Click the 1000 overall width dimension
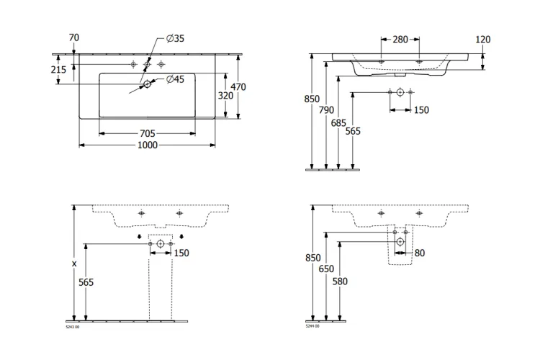pos(148,145)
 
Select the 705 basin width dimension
pos(147,133)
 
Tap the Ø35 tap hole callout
pos(176,39)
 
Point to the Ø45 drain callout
pos(176,79)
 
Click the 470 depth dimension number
pos(238,87)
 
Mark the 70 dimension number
pos(73,37)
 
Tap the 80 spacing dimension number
pos(419,253)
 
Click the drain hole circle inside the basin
pos(147,84)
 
